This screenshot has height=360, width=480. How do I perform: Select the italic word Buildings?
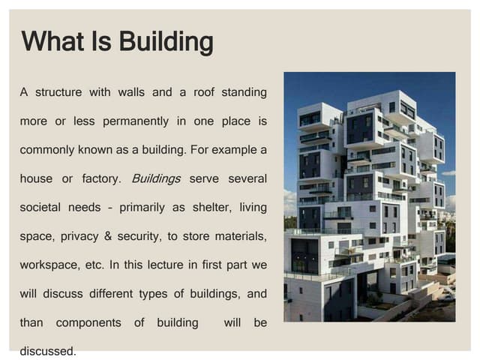[156, 178]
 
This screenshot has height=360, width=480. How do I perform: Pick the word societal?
[40, 207]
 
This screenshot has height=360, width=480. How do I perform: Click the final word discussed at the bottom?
[47, 350]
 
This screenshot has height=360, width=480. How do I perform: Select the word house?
[36, 178]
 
